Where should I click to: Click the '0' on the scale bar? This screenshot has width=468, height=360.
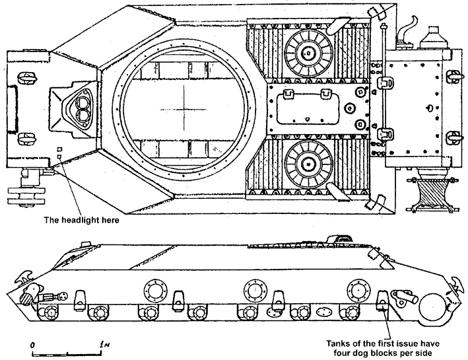(32, 345)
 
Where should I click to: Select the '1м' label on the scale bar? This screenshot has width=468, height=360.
(102, 345)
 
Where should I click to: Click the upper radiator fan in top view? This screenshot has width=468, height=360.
(308, 53)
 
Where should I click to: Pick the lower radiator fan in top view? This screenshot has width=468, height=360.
(308, 162)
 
